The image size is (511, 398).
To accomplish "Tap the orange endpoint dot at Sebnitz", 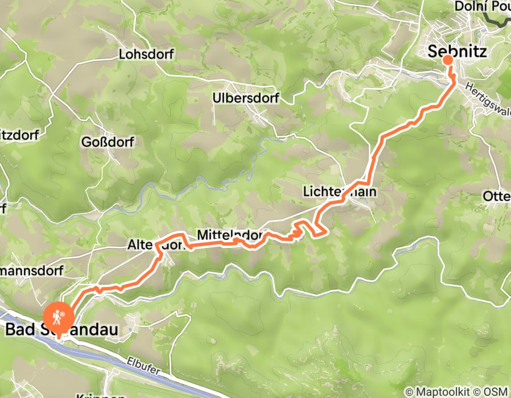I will pyautogui.click(x=448, y=60).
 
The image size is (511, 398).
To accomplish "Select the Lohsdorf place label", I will pyautogui.click(x=146, y=55).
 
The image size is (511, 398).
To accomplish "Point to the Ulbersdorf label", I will pyautogui.click(x=245, y=98).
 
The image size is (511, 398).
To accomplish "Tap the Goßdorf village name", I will pyautogui.click(x=108, y=142).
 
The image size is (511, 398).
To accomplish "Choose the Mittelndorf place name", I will pyautogui.click(x=230, y=234).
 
